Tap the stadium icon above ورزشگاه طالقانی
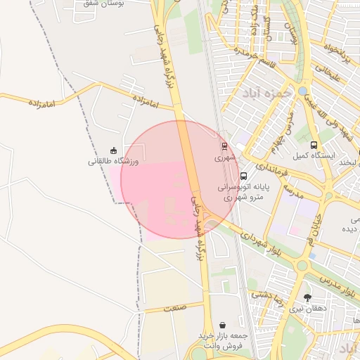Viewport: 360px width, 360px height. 113,150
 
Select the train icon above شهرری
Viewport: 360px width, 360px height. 224,147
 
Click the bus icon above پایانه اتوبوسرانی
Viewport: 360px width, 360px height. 243,176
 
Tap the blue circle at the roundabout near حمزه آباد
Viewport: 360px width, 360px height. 302,91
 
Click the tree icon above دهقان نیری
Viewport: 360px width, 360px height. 307,297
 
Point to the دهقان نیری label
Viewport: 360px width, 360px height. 307,309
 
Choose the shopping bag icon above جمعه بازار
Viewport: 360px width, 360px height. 223,326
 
